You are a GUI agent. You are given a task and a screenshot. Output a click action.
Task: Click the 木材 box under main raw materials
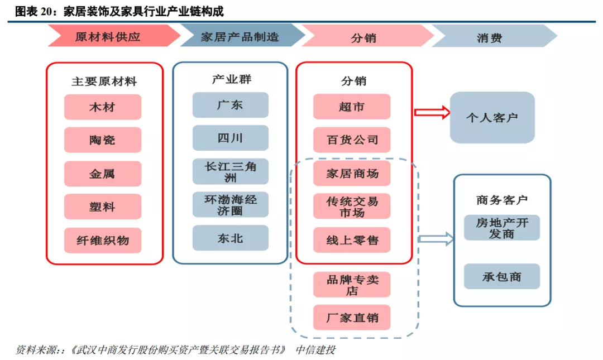click(102, 107)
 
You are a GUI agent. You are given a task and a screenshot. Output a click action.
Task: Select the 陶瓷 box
click(102, 140)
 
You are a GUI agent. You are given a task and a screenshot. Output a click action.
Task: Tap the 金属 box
click(102, 174)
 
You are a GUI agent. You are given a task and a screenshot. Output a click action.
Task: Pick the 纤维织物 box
click(102, 240)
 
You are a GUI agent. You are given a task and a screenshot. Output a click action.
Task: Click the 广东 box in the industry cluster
click(230, 105)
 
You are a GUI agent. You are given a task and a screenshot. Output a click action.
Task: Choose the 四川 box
click(230, 138)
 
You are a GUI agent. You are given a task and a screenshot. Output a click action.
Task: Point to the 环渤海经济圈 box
click(230, 205)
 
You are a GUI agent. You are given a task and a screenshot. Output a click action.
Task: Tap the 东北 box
click(230, 238)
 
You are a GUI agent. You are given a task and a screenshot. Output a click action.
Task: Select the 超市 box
click(351, 107)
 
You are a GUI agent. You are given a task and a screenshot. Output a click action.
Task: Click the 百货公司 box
click(351, 140)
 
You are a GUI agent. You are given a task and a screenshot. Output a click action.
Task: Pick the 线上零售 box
click(351, 240)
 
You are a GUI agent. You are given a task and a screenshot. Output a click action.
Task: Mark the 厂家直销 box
click(351, 317)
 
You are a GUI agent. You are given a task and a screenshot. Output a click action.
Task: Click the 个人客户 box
click(492, 118)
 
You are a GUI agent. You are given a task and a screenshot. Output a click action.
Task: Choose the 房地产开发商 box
click(501, 228)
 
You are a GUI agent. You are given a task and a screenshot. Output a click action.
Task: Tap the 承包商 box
click(501, 276)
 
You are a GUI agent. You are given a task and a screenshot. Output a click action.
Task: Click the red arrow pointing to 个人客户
click(432, 112)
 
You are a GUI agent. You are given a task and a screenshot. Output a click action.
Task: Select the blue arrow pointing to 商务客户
click(435, 239)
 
